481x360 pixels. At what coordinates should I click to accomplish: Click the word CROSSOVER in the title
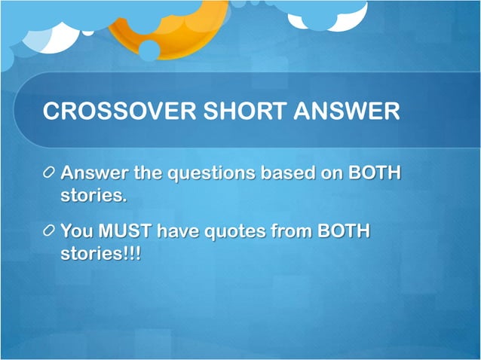tap(112, 111)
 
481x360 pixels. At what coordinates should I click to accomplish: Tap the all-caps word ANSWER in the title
tap(349, 111)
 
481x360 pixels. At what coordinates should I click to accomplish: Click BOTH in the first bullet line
tap(374, 174)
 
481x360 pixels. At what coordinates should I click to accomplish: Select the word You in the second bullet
tap(76, 230)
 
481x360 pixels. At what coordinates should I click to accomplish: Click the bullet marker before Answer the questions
tap(49, 174)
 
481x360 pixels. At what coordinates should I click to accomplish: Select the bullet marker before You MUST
tap(49, 230)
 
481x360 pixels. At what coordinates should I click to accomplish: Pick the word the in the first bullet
tap(148, 174)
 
